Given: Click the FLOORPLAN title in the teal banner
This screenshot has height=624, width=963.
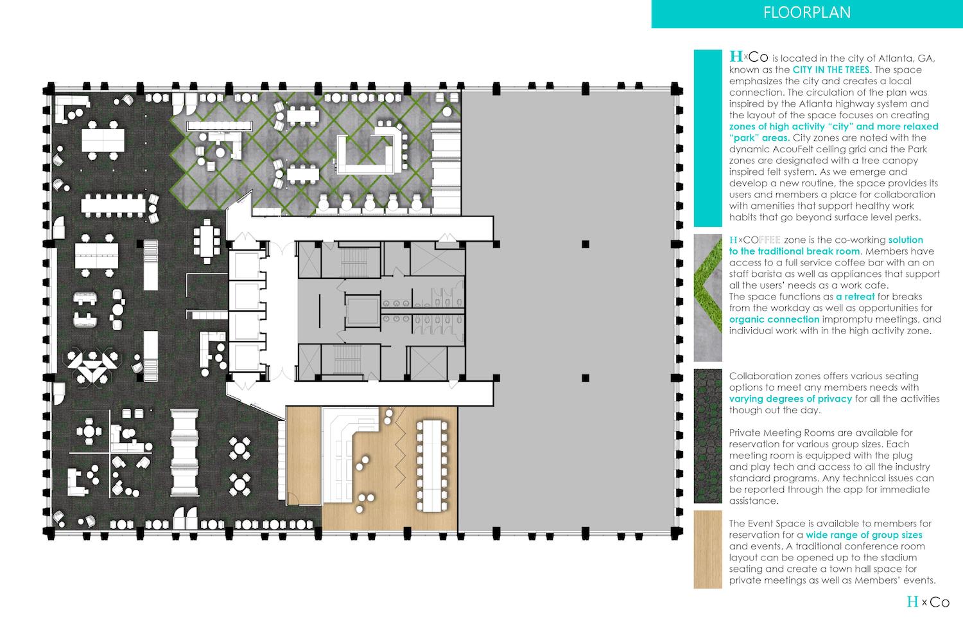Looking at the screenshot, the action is [807, 12].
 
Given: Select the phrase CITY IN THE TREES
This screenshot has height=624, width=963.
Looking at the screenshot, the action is [831, 69].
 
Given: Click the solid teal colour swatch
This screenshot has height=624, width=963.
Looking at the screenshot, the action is [707, 138].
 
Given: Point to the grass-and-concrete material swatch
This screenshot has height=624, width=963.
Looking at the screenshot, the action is [707, 298].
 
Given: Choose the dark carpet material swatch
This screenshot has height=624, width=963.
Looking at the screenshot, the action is [707, 436].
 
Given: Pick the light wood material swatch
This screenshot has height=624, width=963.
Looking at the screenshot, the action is [707, 549].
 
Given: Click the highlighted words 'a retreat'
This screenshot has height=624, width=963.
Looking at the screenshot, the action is [855, 296].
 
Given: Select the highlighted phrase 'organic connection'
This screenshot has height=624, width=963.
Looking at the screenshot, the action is [774, 319].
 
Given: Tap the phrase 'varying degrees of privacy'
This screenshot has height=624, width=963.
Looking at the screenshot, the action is [790, 399].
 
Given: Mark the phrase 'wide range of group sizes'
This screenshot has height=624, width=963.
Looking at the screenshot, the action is [864, 535].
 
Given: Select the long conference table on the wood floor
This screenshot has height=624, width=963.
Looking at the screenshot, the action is [431, 466].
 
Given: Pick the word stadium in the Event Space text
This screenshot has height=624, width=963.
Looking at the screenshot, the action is [899, 558].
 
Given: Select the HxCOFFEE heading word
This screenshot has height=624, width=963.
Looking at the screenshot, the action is [755, 240].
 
